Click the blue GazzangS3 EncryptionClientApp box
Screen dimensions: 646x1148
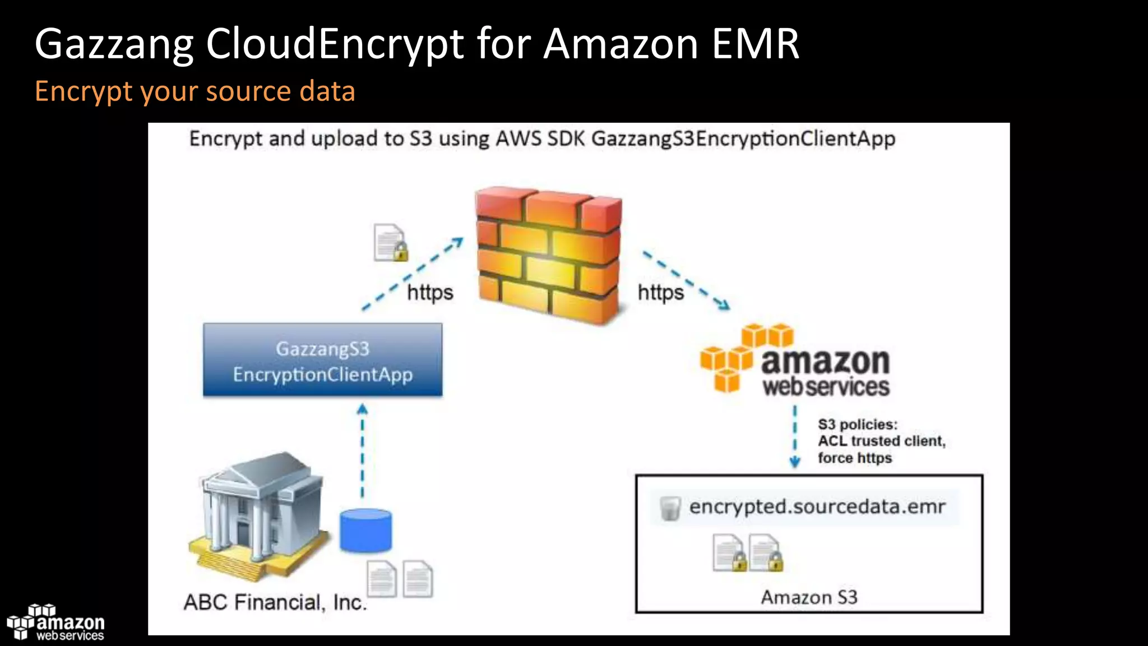(322, 360)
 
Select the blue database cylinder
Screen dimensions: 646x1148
(365, 530)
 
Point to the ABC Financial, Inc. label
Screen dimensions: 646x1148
(275, 602)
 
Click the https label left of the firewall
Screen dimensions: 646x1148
(430, 293)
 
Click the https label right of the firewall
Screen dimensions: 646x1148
(661, 293)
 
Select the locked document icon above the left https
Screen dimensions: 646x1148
(390, 243)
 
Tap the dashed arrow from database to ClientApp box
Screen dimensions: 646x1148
(362, 451)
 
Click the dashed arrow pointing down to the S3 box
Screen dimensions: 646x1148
(795, 437)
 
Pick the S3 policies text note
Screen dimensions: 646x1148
(881, 441)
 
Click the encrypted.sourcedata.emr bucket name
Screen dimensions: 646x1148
(817, 507)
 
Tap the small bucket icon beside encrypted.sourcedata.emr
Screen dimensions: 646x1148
(669, 508)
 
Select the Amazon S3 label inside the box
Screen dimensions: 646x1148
(809, 597)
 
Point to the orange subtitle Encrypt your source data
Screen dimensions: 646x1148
(195, 91)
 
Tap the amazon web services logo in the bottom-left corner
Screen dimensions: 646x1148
(55, 622)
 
